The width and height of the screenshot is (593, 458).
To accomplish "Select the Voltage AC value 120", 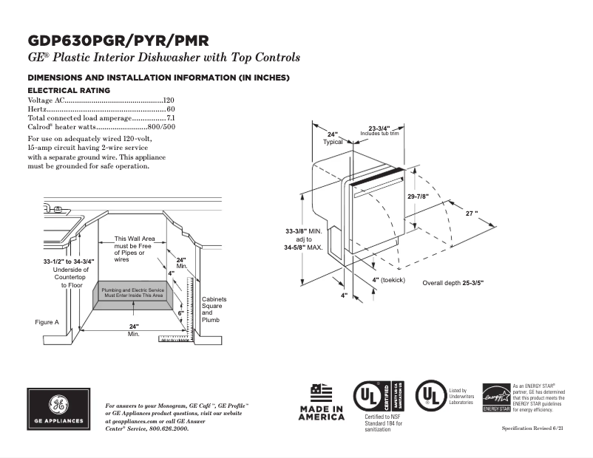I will click(168, 100).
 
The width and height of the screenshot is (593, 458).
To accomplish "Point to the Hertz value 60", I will click(170, 109).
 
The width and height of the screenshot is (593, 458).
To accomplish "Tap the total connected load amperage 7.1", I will click(170, 118).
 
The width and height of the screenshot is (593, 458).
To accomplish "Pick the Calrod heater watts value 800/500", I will click(161, 127).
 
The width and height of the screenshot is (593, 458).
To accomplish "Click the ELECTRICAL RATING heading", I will click(69, 90).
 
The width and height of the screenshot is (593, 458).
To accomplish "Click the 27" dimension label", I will click(471, 213).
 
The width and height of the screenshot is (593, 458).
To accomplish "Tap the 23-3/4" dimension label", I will click(379, 128).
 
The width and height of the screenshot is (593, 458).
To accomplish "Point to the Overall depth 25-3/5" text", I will click(453, 283).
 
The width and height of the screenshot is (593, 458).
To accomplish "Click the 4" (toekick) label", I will click(388, 281).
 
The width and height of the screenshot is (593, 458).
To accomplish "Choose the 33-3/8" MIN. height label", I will click(303, 232).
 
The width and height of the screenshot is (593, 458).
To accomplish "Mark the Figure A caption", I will click(47, 322).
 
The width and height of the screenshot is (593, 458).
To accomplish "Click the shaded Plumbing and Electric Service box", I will click(132, 293).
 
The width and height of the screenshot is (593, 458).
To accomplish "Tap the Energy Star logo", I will click(496, 397).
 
